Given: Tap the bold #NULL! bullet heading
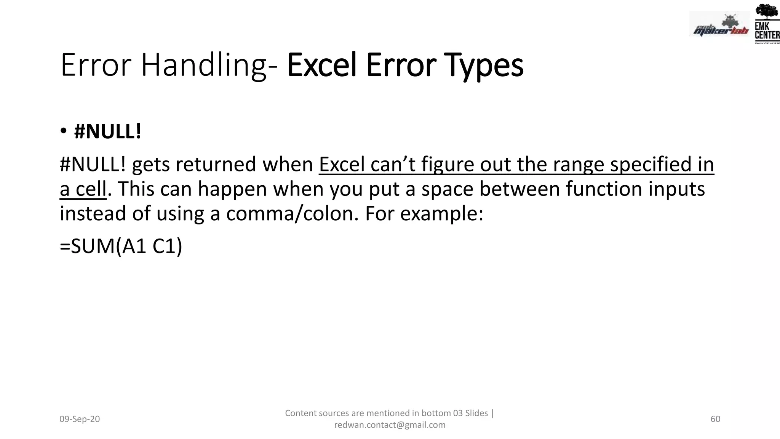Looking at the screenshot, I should (x=107, y=132).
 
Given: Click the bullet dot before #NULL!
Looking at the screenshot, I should (x=64, y=131).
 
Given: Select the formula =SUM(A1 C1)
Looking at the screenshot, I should (x=121, y=246).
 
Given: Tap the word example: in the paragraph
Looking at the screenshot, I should (x=442, y=213).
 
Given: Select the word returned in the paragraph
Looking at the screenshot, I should (x=216, y=165).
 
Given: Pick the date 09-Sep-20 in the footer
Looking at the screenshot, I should (x=80, y=419).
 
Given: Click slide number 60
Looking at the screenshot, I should (x=715, y=419).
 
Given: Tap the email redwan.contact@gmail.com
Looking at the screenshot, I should (x=390, y=425).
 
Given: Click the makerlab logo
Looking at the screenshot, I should (x=719, y=27).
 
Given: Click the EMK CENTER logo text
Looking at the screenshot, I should (x=767, y=31).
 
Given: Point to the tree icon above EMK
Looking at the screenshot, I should (x=766, y=11).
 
